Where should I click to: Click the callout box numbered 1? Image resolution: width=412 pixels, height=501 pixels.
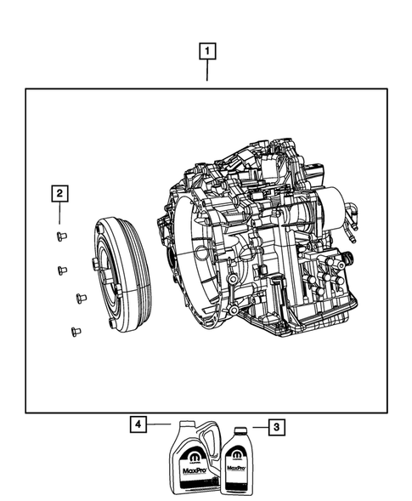(206, 50)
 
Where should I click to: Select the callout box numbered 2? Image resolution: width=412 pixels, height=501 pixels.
(59, 195)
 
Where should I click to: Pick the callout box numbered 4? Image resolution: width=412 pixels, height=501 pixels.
(137, 422)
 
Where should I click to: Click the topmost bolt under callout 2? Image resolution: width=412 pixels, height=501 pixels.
(62, 234)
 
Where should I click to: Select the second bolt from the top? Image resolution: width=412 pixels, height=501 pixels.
(62, 270)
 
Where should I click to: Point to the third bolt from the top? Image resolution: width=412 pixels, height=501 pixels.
(82, 298)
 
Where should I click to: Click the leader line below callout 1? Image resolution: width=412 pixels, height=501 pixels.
(206, 72)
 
